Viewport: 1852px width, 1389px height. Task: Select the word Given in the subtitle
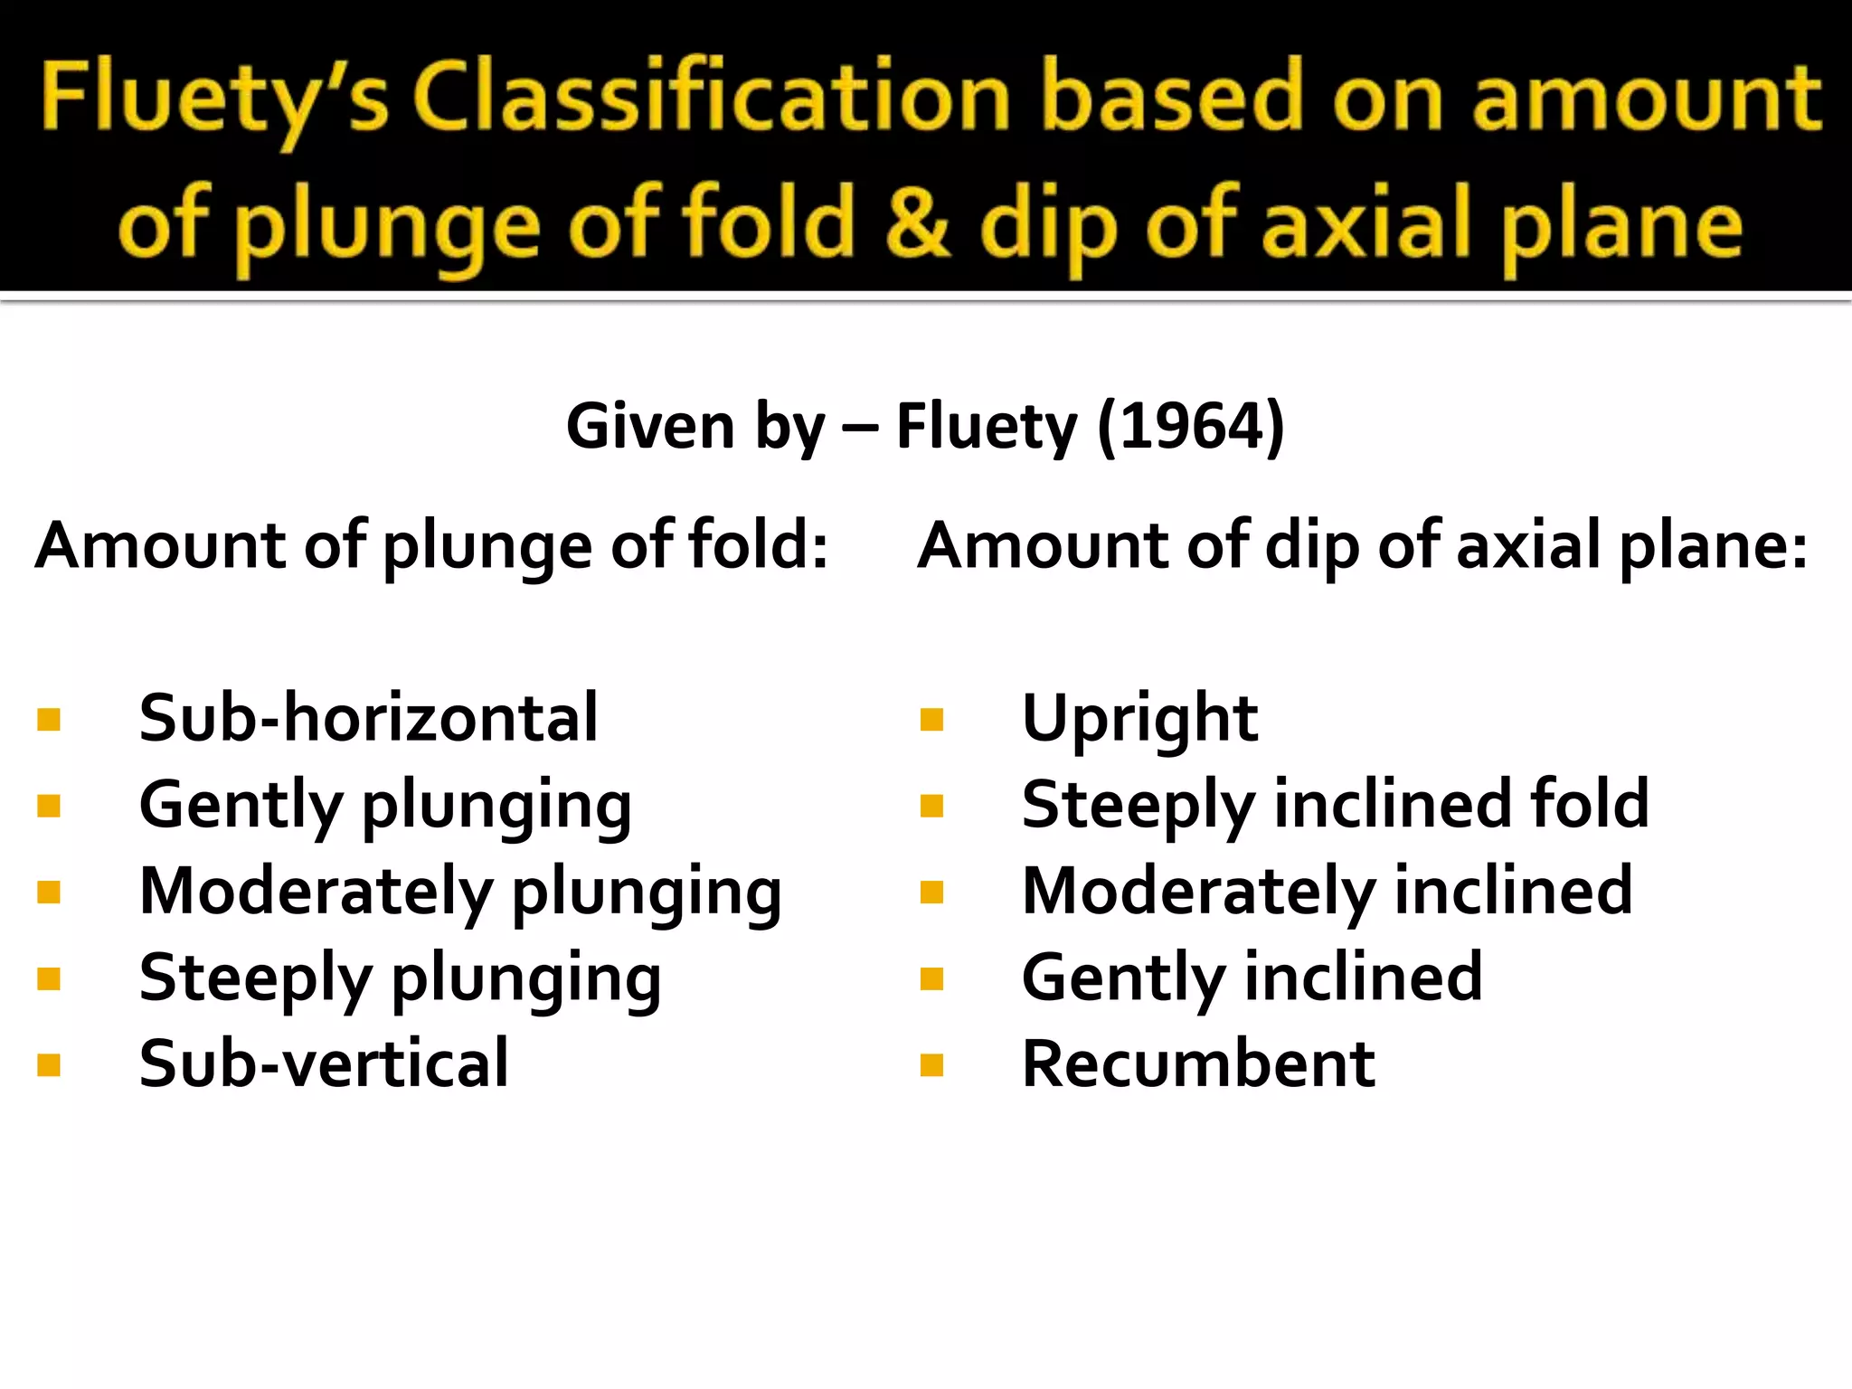coord(649,426)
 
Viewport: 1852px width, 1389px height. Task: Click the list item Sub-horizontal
coord(368,718)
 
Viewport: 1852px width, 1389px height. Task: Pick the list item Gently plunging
coord(385,805)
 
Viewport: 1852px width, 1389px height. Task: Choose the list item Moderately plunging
coord(460,892)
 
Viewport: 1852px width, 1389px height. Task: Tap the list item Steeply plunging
coord(400,978)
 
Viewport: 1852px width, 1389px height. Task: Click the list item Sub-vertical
coord(324,1063)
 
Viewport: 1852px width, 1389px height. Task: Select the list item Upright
coord(1139,720)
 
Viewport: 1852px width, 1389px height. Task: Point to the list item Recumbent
coord(1198,1063)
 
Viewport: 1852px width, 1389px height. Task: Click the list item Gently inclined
coord(1252,978)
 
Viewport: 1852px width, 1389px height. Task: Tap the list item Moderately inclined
coord(1327,892)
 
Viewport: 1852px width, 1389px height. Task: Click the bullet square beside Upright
coord(931,720)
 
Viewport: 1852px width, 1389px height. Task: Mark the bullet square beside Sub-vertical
coord(49,1065)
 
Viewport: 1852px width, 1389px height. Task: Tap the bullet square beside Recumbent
coord(931,1065)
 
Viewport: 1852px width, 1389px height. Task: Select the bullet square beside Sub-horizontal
coord(49,720)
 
